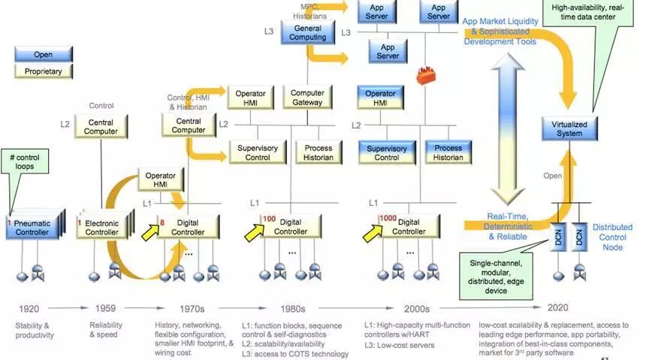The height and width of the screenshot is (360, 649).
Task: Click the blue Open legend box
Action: (43, 54)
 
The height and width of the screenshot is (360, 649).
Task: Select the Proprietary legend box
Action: (43, 71)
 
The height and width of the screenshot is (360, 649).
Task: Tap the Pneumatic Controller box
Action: (32, 228)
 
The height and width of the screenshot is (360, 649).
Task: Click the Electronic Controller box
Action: (102, 228)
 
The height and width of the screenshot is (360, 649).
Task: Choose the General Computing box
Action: (307, 32)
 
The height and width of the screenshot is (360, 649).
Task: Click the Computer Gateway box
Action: (307, 97)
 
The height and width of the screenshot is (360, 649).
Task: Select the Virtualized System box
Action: (564, 129)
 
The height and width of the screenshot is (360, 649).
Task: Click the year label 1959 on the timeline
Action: (105, 308)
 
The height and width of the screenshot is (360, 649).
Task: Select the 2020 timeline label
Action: (557, 308)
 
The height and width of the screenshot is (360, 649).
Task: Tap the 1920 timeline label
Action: (29, 308)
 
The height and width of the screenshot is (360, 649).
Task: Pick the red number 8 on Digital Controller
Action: (161, 222)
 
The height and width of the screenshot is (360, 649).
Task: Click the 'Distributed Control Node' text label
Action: (613, 237)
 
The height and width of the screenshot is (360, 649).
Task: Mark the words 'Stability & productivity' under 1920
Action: (35, 330)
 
